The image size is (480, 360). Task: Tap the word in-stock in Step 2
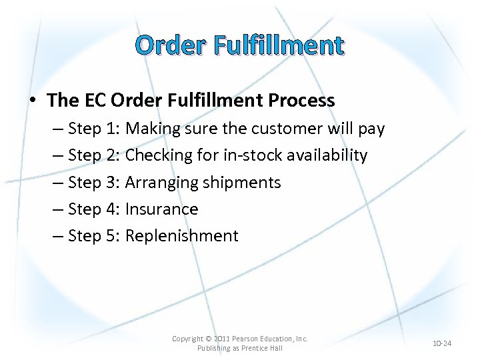(x=249, y=155)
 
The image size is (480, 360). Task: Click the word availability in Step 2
(x=327, y=155)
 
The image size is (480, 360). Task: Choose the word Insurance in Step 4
(x=161, y=209)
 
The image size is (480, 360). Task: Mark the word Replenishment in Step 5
(x=181, y=236)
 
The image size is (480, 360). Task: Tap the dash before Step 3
(x=57, y=183)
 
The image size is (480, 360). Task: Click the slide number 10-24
(x=442, y=343)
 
